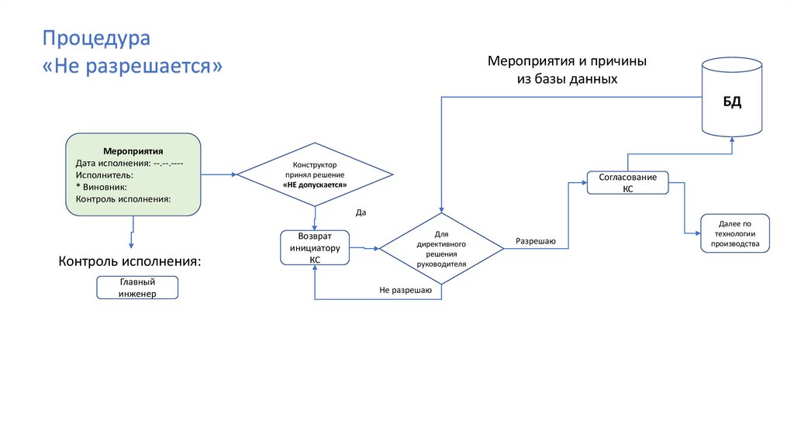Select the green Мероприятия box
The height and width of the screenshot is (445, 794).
[133, 174]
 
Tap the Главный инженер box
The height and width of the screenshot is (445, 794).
[137, 288]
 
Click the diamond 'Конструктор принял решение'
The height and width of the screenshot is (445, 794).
[314, 176]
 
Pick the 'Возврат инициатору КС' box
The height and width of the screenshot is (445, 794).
[315, 248]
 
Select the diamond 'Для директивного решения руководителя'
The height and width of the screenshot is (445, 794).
[441, 248]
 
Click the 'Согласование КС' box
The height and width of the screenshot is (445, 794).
[627, 183]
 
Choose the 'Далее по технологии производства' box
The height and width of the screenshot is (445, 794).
[735, 233]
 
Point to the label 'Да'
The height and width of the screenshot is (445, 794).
[361, 212]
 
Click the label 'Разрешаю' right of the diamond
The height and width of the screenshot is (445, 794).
[535, 242]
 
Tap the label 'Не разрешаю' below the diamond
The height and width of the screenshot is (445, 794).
[406, 290]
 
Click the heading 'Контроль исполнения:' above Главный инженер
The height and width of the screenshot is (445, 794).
[129, 260]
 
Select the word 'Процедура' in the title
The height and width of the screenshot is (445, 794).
[96, 38]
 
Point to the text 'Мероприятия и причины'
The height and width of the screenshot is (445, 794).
[567, 61]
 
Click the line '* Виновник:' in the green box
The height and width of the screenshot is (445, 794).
[102, 187]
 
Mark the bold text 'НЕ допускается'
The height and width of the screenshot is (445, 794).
[314, 186]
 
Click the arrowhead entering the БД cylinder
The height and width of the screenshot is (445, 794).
[732, 140]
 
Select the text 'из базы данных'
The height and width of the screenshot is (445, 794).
[567, 79]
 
